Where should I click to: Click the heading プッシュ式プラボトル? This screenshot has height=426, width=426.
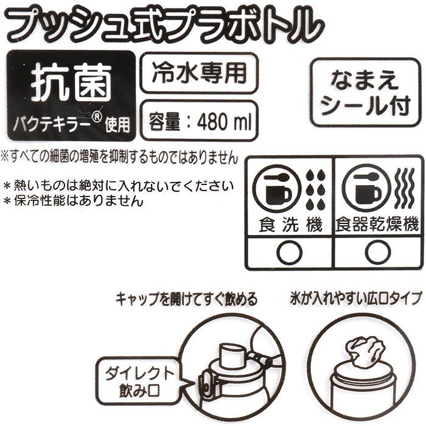click(x=164, y=25)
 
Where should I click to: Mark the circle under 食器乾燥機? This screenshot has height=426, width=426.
click(x=377, y=251)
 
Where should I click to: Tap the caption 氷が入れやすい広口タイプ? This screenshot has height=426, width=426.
click(x=356, y=300)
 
